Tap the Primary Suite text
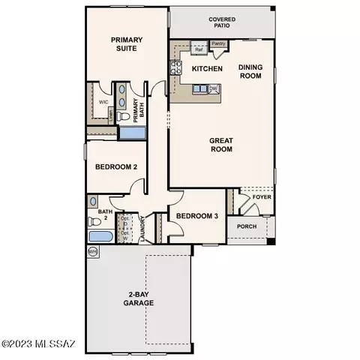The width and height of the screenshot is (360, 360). click(x=127, y=44)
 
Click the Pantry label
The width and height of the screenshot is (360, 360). click(x=219, y=44)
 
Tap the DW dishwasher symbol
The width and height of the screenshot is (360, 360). click(x=214, y=88)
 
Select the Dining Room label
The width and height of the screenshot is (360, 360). click(x=250, y=70)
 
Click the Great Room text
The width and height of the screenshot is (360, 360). click(x=221, y=144)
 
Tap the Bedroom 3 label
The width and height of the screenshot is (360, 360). click(x=196, y=216)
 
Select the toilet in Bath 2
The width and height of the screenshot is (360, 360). click(x=93, y=202)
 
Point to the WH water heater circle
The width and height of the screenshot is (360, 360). click(x=93, y=252)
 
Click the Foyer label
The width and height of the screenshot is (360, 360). click(x=261, y=197)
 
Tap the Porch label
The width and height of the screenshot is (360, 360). click(x=247, y=226)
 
